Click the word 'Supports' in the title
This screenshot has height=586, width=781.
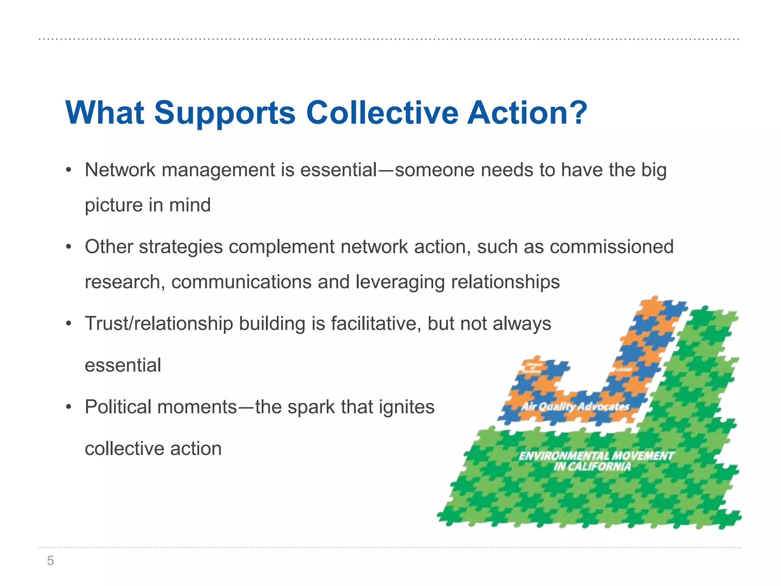225,113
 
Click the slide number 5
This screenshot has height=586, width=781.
50,561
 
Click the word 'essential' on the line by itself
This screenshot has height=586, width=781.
123,365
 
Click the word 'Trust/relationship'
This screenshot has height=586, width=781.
159,324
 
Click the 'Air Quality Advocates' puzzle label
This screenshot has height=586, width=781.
575,407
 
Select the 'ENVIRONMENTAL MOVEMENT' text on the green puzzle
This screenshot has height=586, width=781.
596,456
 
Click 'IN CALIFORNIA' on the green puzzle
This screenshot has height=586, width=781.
592,467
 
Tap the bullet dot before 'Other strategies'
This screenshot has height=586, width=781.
69,247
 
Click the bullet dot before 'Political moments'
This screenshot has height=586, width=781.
69,407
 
